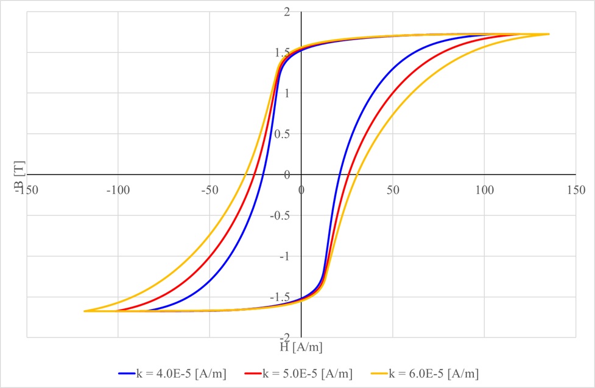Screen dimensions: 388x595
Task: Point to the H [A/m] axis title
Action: click(301, 347)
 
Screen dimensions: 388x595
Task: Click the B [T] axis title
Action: click(19, 181)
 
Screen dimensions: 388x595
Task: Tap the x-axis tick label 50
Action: click(393, 190)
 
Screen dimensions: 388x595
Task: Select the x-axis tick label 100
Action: click(484, 190)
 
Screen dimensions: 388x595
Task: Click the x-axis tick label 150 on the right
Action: click(576, 190)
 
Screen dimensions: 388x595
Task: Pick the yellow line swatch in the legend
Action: click(376, 373)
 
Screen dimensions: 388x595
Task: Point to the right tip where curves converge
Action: click(548, 34)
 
